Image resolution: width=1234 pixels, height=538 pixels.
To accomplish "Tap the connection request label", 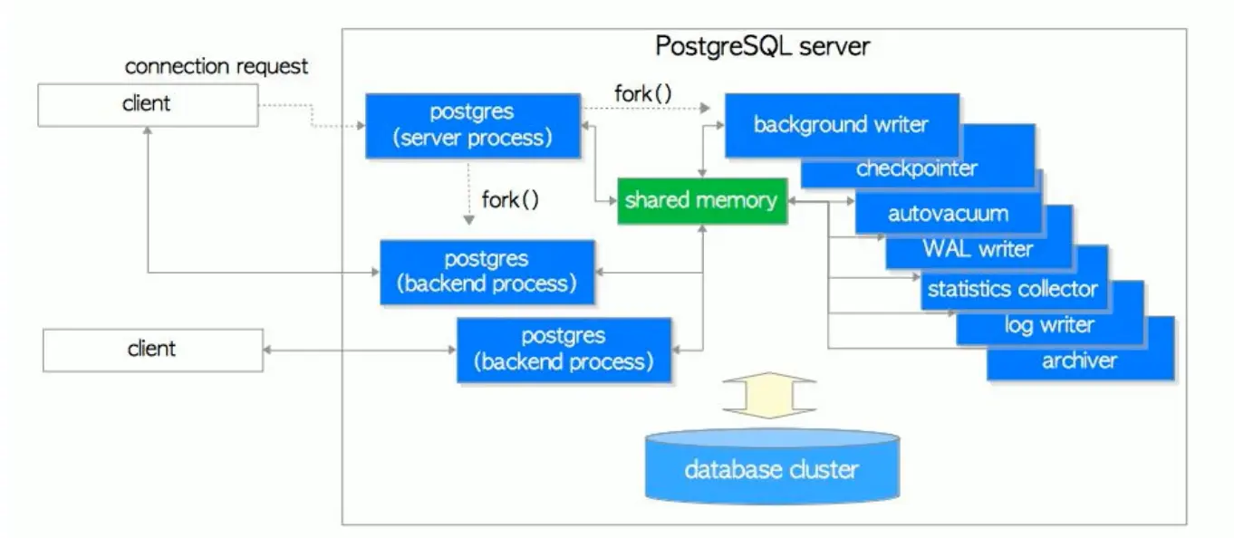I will pyautogui.click(x=217, y=66).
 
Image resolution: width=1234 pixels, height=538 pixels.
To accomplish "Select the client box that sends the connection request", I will pyautogui.click(x=147, y=104).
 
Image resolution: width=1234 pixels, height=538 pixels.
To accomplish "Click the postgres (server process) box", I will pyautogui.click(x=472, y=126).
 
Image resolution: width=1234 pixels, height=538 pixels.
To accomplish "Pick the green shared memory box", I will pyautogui.click(x=701, y=200).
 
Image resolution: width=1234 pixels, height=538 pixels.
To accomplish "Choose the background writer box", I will pyautogui.click(x=841, y=124).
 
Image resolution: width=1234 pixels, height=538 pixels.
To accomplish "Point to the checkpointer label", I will pyautogui.click(x=916, y=168).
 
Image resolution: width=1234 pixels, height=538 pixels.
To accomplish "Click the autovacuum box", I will pyautogui.click(x=948, y=215).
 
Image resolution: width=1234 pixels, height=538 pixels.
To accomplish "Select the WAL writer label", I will pyautogui.click(x=978, y=248).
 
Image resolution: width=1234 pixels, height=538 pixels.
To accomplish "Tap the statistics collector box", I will pyautogui.click(x=1012, y=290).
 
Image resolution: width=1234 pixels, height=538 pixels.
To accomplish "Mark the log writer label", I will pyautogui.click(x=1049, y=325).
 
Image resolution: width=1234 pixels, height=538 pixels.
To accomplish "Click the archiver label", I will pyautogui.click(x=1079, y=361).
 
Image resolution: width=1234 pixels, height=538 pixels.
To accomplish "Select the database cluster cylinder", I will pyautogui.click(x=771, y=466).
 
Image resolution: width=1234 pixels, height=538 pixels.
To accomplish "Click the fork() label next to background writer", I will pyautogui.click(x=642, y=93).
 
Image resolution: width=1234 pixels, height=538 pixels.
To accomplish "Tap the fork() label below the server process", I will pyautogui.click(x=510, y=199).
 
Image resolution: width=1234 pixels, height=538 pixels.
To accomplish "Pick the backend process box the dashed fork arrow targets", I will pyautogui.click(x=487, y=272).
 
